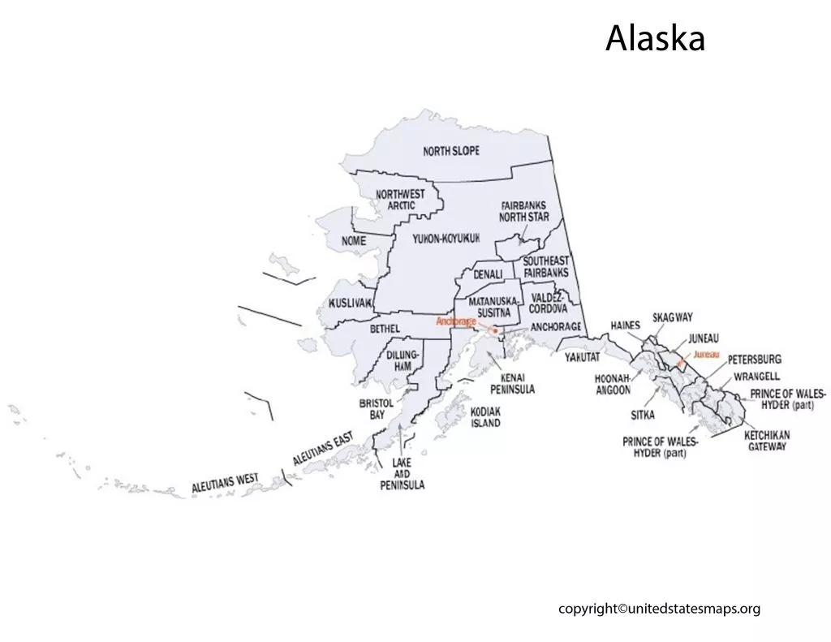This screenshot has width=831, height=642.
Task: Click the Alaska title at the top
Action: click(655, 38)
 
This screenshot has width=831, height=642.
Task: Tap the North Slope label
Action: click(451, 151)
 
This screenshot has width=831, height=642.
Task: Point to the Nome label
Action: click(354, 241)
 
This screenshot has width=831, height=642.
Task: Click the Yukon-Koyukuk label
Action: click(446, 238)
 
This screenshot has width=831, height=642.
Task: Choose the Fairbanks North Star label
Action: click(524, 212)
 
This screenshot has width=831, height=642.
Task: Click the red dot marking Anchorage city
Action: click(495, 330)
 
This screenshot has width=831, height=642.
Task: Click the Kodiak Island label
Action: click(485, 417)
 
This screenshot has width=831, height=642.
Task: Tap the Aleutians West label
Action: click(225, 484)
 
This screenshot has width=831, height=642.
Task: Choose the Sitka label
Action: click(642, 414)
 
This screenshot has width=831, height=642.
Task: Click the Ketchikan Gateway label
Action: click(767, 441)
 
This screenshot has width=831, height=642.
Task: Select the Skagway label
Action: click(673, 317)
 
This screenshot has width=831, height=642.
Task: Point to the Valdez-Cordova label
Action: click(549, 303)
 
